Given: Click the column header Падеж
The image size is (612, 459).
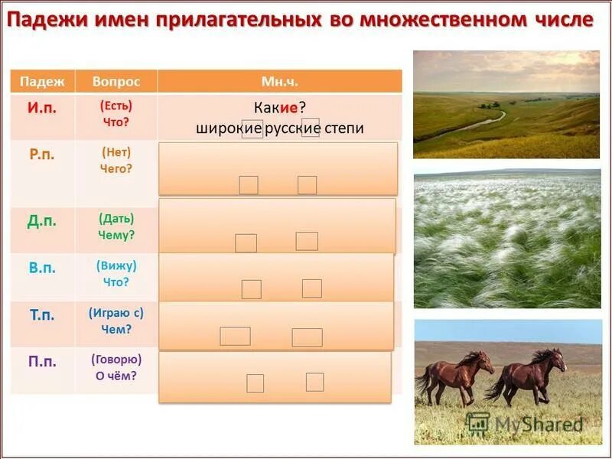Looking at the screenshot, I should [x=42, y=81].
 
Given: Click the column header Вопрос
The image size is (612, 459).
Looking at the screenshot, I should [x=116, y=81].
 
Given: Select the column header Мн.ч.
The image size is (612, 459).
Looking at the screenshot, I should [x=279, y=81].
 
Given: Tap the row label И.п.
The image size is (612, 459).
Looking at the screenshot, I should [x=42, y=108].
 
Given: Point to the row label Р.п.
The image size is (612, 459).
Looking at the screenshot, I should [x=42, y=155].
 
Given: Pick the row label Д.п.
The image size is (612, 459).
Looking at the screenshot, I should [x=42, y=221].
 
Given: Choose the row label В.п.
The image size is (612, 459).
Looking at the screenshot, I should [x=42, y=269].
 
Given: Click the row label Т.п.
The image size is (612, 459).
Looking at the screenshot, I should [x=42, y=315].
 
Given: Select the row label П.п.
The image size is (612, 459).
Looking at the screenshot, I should [x=42, y=363].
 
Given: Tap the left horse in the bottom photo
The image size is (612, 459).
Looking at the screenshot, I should [x=453, y=376].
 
